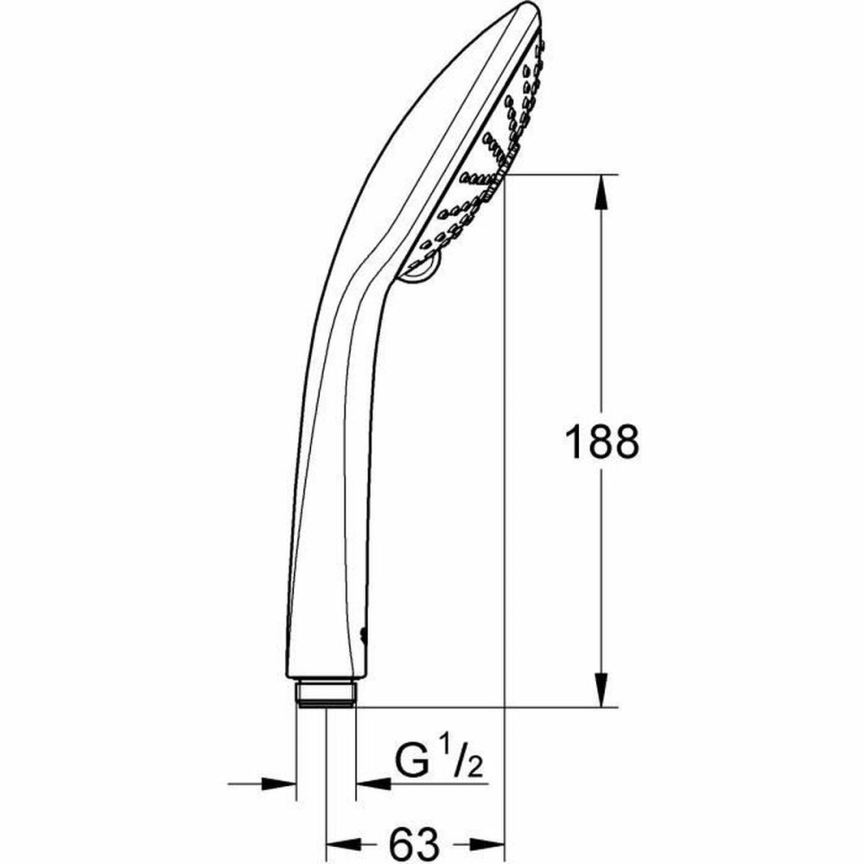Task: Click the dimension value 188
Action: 602,442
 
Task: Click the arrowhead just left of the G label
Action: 371,784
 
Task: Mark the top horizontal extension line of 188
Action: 562,174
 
